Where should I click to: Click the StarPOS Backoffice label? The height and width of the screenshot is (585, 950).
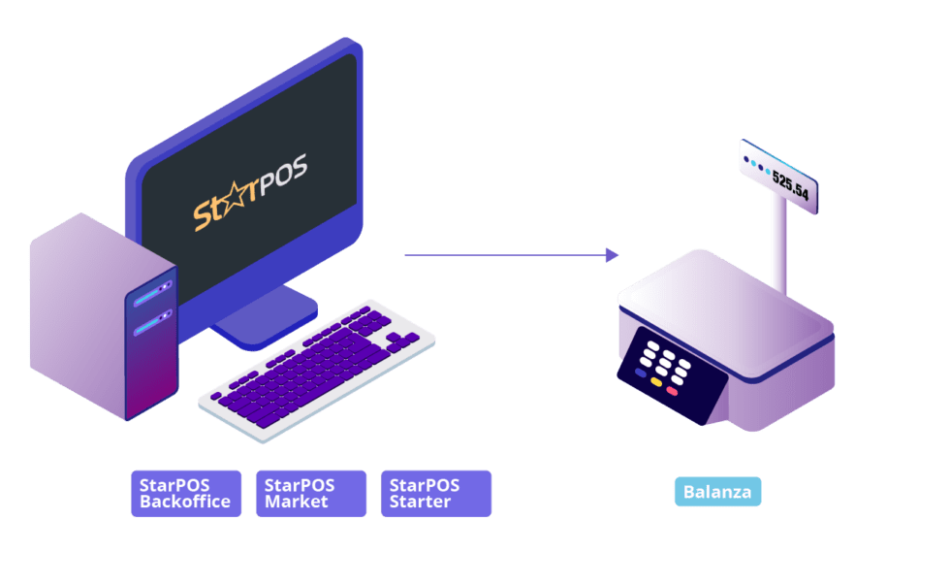(185, 494)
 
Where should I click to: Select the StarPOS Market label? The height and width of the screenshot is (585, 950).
(310, 494)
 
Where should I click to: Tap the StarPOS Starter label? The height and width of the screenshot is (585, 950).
(435, 494)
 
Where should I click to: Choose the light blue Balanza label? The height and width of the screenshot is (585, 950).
(717, 492)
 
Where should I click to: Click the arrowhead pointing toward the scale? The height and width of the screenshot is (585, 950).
(612, 255)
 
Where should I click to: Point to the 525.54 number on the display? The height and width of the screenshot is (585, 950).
(789, 185)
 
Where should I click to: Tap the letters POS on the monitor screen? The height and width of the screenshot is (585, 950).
(281, 176)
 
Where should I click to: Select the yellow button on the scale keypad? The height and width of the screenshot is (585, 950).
(656, 381)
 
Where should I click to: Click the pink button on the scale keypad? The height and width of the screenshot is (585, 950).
(672, 390)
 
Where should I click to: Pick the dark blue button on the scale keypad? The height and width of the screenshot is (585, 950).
(641, 373)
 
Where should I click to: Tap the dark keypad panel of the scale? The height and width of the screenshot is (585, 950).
(669, 374)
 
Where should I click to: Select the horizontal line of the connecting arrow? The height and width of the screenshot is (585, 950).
(504, 255)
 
